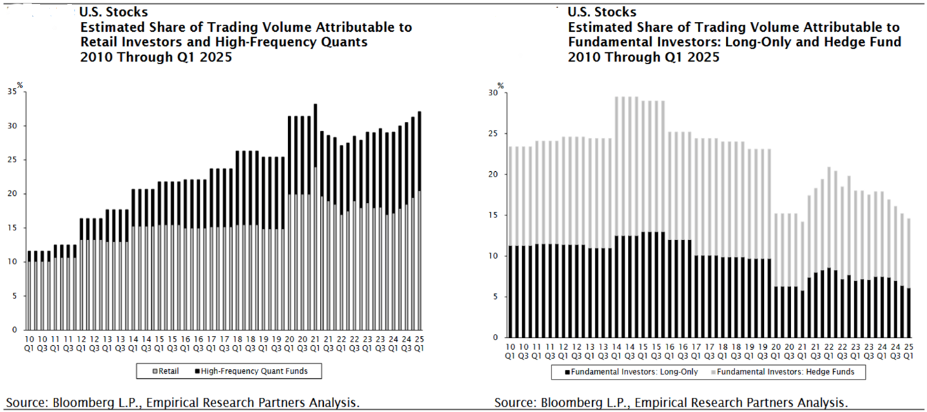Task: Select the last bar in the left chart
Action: click(x=420, y=221)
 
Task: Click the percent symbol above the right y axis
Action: click(x=500, y=86)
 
